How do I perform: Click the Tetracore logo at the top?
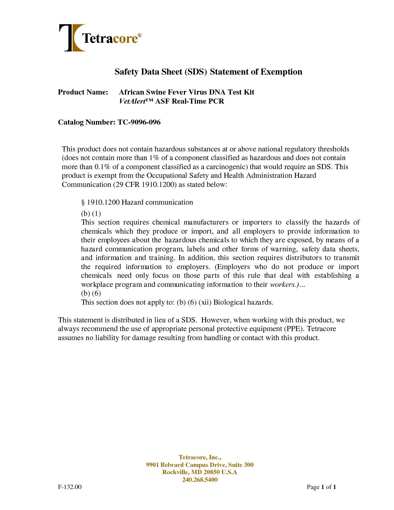click(x=100, y=38)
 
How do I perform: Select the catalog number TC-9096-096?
click(x=139, y=122)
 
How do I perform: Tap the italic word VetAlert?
click(x=132, y=101)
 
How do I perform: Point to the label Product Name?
click(x=83, y=92)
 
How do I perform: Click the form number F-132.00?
click(x=70, y=487)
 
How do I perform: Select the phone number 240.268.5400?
click(x=200, y=480)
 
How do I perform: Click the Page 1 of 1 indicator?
click(x=321, y=487)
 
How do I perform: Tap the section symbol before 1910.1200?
click(x=83, y=202)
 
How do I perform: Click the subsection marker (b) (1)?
click(x=91, y=213)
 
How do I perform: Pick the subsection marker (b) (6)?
click(x=91, y=293)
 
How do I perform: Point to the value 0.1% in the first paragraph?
click(x=102, y=167)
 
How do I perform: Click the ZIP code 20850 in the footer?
click(x=211, y=472)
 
